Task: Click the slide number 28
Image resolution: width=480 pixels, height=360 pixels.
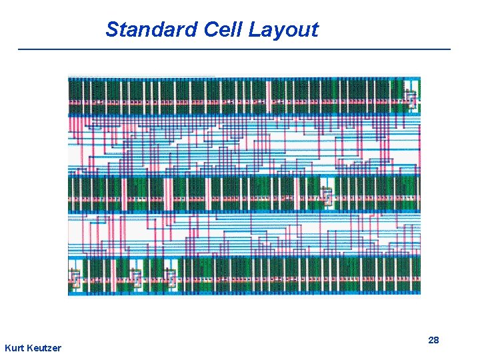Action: (433, 340)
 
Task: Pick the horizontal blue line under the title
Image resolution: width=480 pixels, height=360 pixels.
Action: (233, 49)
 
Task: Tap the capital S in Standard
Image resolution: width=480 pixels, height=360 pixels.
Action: (112, 29)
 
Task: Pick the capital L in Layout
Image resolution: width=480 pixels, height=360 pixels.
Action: (255, 29)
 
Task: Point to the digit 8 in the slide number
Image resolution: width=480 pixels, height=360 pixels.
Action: (436, 340)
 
